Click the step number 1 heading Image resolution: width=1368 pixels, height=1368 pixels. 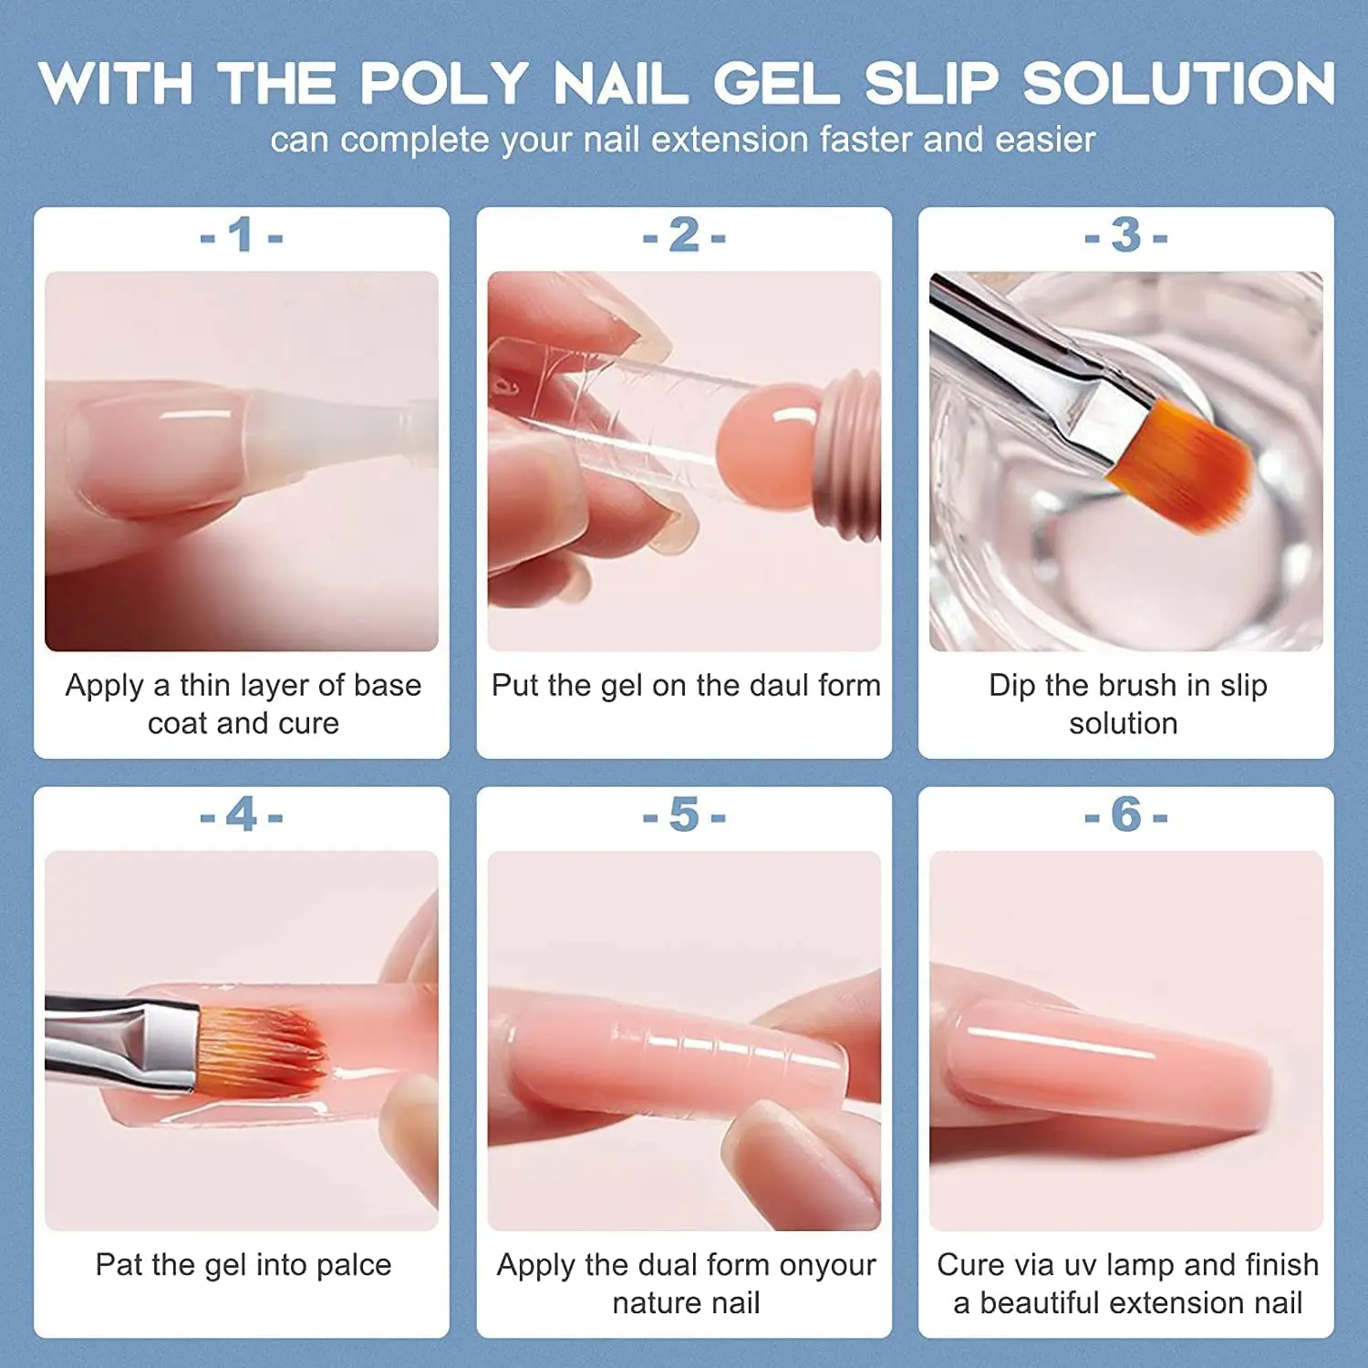(x=242, y=236)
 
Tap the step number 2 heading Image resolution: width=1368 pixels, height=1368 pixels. (x=684, y=236)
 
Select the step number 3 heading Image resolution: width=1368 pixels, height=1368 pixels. (x=1126, y=236)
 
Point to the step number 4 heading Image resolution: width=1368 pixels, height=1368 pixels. (x=242, y=814)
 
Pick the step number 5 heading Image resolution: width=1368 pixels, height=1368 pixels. (x=684, y=814)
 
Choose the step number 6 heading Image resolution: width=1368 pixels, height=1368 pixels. (x=1126, y=814)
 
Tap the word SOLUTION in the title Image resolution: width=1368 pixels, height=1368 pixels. (x=1179, y=83)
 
